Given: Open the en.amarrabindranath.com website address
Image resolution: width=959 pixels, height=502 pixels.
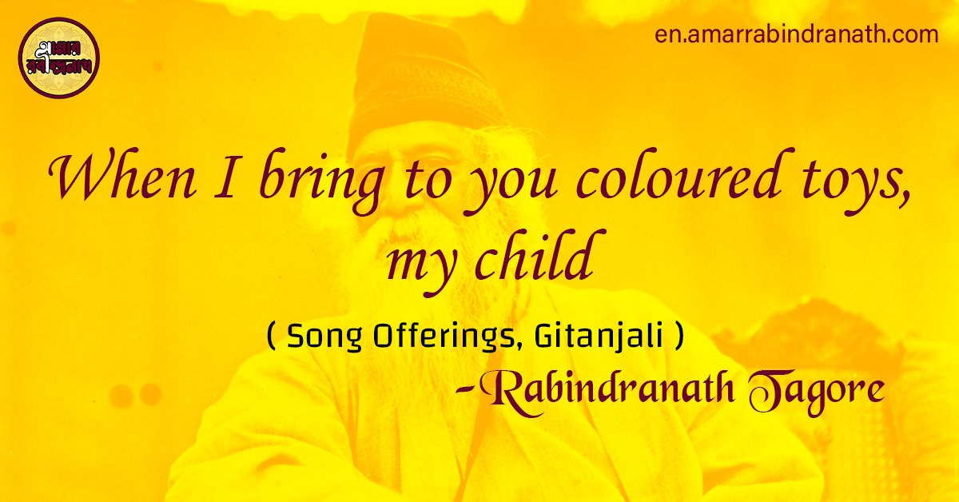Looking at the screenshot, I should tap(796, 35).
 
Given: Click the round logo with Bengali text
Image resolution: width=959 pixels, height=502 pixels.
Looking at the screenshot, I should tap(59, 58).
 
